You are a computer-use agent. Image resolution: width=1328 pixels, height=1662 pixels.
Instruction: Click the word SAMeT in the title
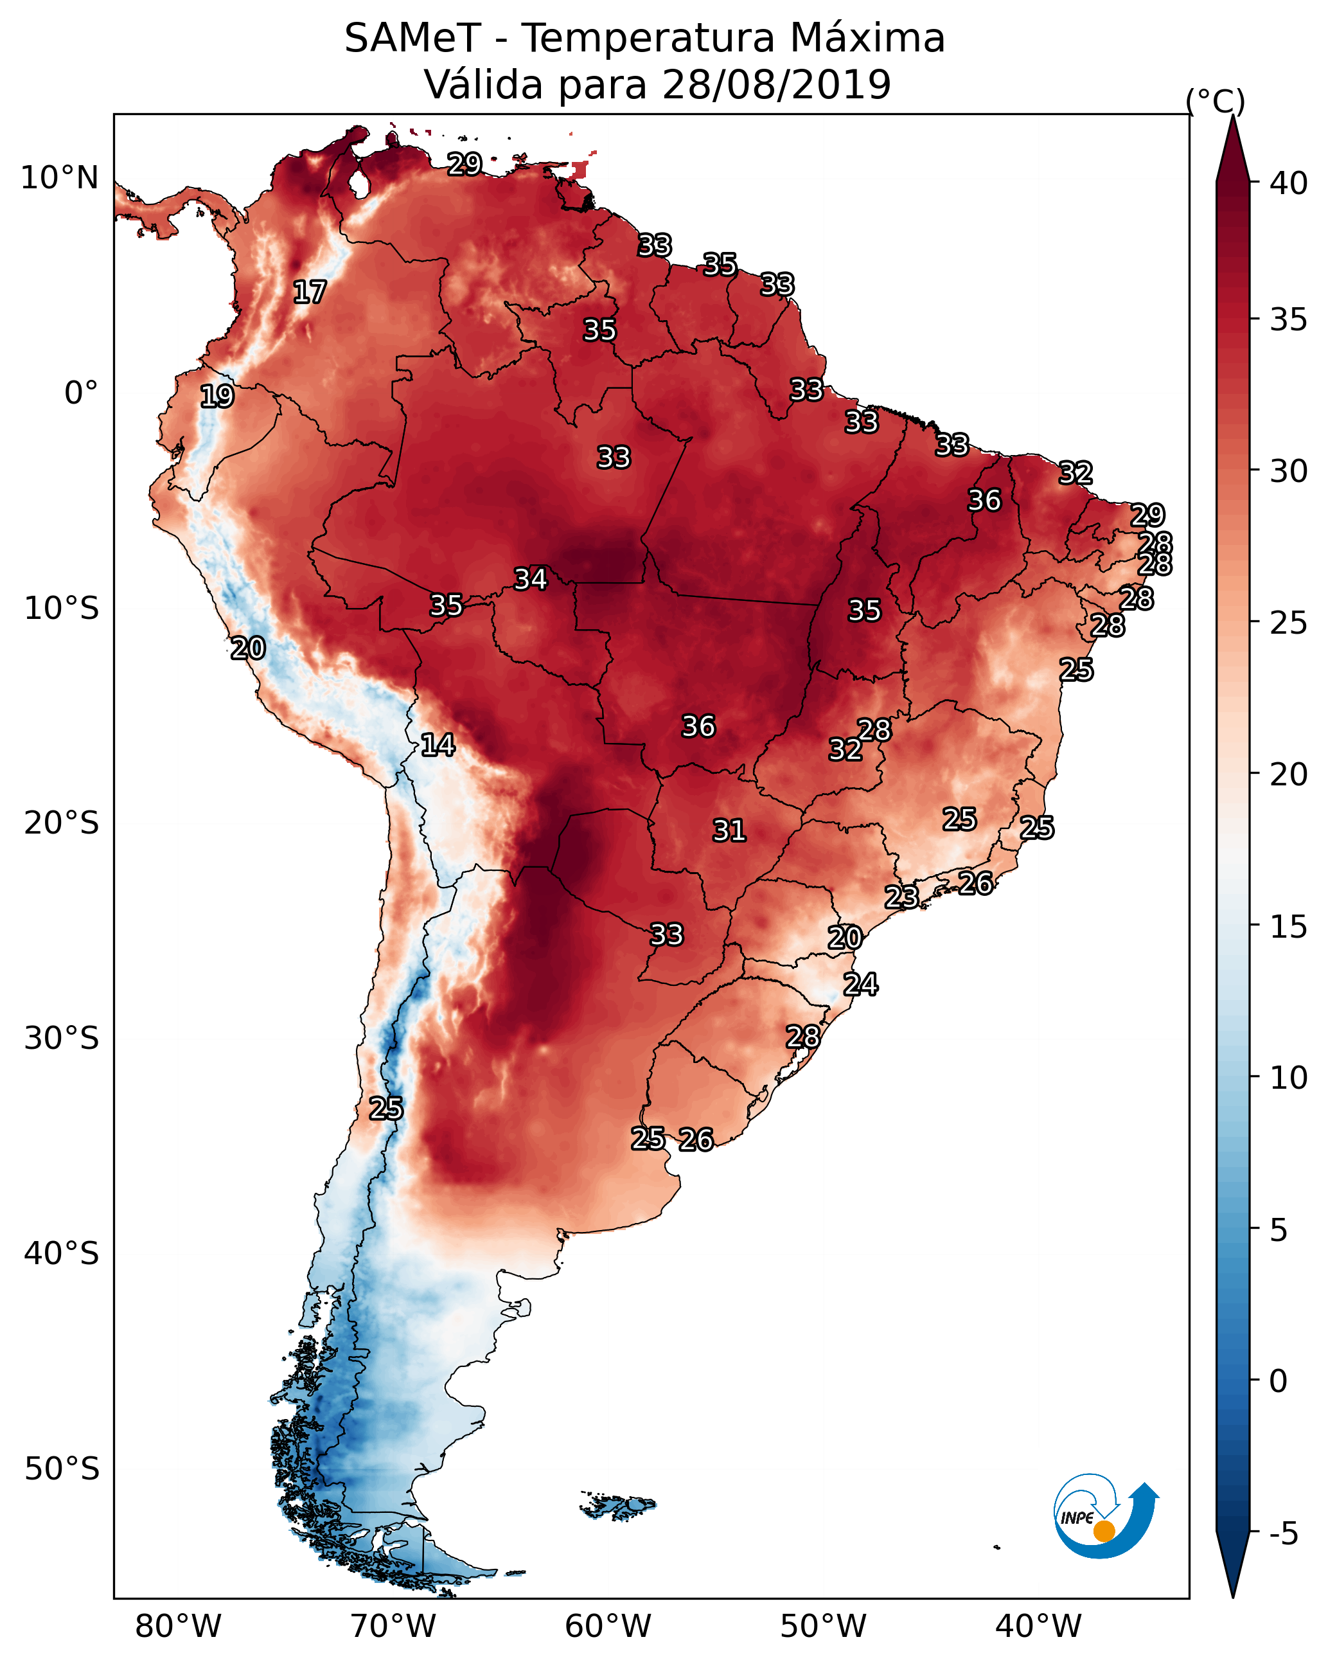412,39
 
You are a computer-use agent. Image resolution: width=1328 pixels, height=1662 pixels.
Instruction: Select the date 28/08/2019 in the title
776,84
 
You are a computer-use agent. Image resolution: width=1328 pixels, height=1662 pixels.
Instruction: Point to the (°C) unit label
1216,101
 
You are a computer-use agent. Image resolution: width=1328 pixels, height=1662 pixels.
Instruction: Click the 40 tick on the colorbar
1289,183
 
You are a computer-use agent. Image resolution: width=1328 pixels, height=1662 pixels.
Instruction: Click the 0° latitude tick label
82,393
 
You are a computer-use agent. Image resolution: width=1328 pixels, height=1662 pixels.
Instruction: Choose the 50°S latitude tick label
62,1469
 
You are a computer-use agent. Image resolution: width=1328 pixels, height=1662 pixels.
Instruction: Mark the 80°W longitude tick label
178,1626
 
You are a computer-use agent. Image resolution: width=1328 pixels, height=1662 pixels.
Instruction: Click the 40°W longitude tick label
1039,1626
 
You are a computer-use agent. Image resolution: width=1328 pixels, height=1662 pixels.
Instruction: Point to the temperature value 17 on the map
310,292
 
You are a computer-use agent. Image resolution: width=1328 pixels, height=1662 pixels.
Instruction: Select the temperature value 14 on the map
438,745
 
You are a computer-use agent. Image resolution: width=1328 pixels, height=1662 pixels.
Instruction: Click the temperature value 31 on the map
729,830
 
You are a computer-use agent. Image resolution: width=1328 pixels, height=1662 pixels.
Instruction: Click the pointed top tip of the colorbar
1232,116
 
